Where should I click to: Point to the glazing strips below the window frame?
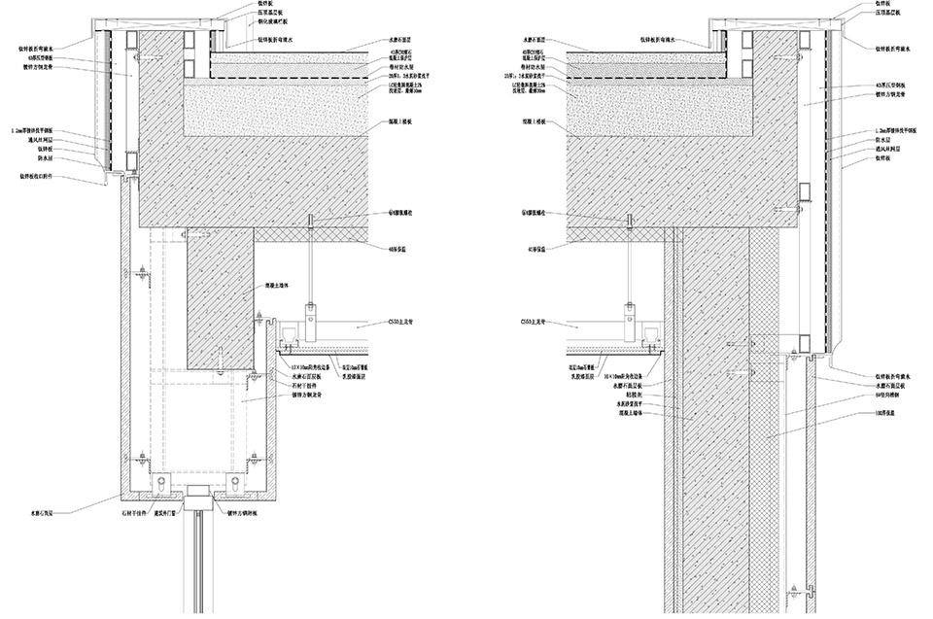(201, 564)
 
